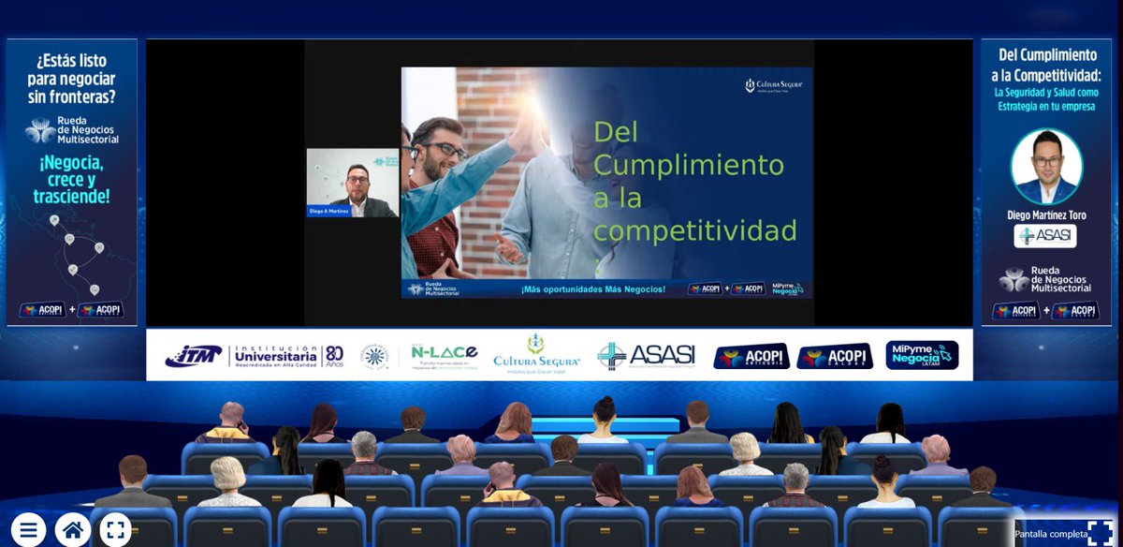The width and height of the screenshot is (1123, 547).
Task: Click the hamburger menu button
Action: coord(28,529)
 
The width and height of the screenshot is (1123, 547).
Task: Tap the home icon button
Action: coord(72,529)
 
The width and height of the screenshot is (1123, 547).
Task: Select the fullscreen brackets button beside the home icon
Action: coord(115,529)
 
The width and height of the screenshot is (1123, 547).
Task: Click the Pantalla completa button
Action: coord(1067,534)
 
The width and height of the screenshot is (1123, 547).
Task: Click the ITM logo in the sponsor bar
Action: coord(194,356)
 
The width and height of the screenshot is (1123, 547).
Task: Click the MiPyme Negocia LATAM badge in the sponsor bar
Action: coord(922,356)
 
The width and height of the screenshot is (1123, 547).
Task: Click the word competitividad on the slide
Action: coord(695,230)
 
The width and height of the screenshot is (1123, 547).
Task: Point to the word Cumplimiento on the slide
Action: coord(689,165)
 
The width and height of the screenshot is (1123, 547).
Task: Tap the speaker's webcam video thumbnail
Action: coord(352,183)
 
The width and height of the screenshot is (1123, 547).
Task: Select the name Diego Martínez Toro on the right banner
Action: coord(1046,215)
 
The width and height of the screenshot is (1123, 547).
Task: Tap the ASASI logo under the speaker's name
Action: coord(1045,236)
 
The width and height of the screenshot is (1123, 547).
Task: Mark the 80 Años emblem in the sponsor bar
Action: coord(334,356)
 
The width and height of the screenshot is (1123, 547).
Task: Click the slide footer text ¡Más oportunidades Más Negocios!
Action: coord(592,289)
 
